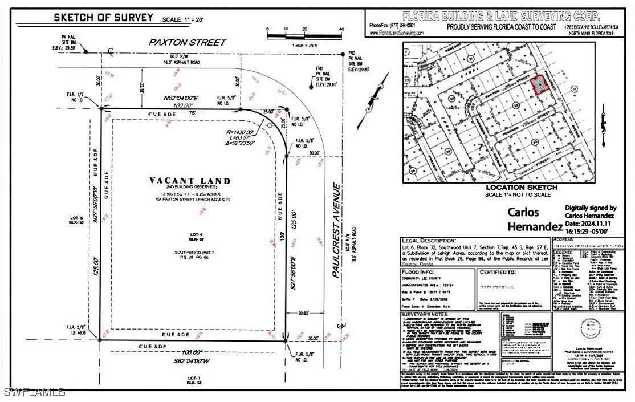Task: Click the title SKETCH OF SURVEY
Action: [x=103, y=18]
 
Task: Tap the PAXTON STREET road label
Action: [x=180, y=42]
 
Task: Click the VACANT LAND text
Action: [x=190, y=181]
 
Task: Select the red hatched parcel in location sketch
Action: [x=538, y=85]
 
